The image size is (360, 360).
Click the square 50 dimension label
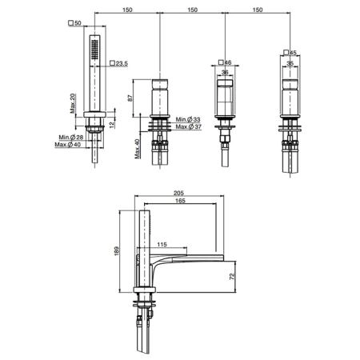tap(74, 23)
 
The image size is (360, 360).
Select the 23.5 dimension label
tap(119, 63)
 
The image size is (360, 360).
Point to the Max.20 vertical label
tap(73, 103)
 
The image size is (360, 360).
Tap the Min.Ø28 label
tap(71, 138)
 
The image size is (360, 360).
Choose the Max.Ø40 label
tap(68, 145)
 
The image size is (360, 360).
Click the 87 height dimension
tap(130, 98)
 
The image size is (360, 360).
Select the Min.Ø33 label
tap(188, 119)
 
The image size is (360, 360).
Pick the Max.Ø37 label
tap(189, 126)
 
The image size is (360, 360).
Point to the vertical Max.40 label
tap(138, 149)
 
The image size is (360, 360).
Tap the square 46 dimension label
tap(225, 62)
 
